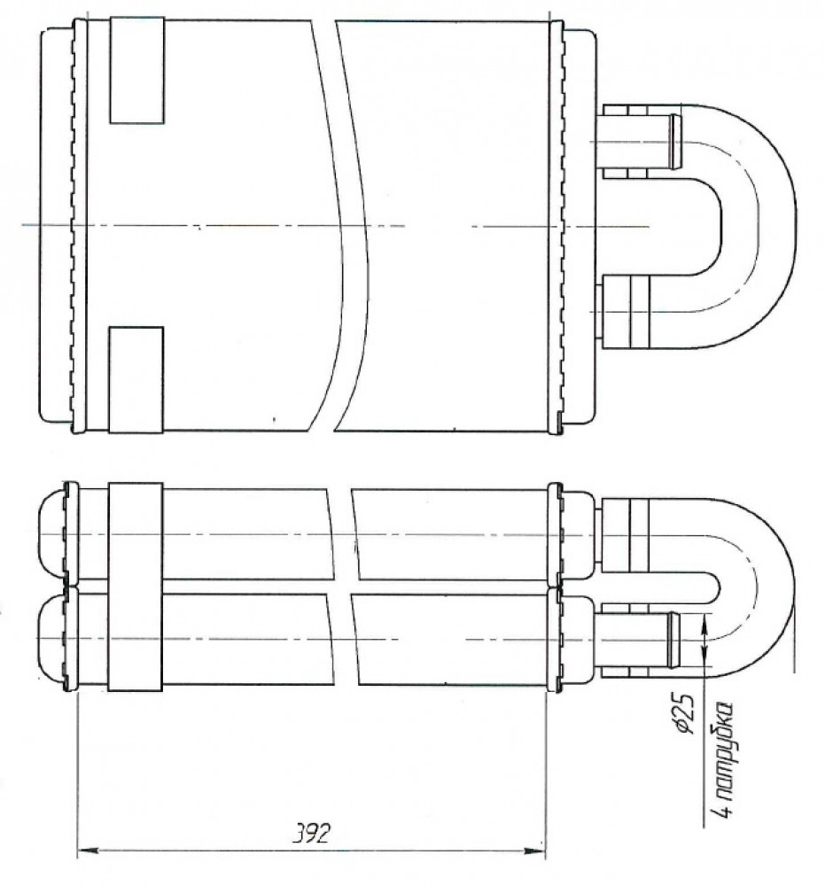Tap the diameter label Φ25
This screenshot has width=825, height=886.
tap(684, 715)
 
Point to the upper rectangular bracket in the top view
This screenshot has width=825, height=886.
tap(136, 70)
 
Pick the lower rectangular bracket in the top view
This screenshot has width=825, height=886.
tap(136, 380)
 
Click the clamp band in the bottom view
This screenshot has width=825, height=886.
tap(135, 587)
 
